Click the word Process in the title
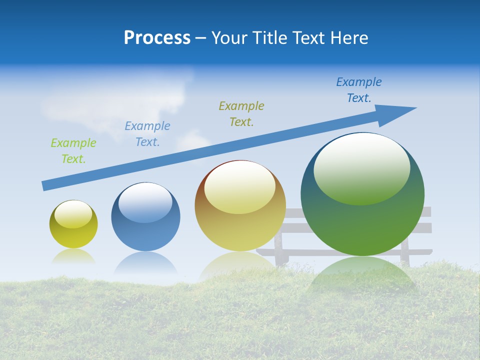(157, 38)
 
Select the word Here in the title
(349, 38)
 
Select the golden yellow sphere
(240, 227)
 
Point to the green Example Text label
(73, 151)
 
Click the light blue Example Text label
(147, 134)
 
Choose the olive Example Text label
(241, 114)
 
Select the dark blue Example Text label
(359, 90)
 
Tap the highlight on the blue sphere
(145, 203)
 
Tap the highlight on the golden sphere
(239, 187)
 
